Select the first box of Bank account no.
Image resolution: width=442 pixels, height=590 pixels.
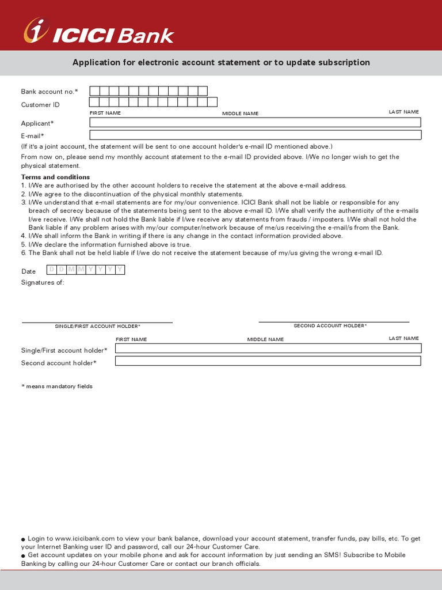pos(94,90)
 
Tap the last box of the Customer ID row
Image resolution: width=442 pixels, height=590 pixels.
pos(212,103)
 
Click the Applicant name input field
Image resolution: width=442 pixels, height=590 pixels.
pos(255,122)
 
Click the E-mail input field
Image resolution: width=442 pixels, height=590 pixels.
pos(255,135)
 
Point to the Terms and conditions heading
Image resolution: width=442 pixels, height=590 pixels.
pos(55,177)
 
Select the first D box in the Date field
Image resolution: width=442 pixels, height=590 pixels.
pos(51,270)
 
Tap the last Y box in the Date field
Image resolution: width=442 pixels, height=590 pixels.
pos(120,270)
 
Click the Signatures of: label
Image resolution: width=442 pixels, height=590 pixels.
pos(43,282)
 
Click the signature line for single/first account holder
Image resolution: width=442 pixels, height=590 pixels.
pos(97,322)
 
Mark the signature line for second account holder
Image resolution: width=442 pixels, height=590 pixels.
pos(334,322)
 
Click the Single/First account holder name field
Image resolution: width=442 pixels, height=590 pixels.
pos(268,348)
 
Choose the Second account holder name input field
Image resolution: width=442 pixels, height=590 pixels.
pos(268,361)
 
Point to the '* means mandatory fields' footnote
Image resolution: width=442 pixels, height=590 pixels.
pos(57,386)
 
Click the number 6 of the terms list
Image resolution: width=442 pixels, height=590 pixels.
pos(24,253)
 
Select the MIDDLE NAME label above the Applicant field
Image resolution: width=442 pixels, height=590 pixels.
pos(241,114)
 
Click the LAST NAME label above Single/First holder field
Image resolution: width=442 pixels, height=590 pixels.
pos(403,338)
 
